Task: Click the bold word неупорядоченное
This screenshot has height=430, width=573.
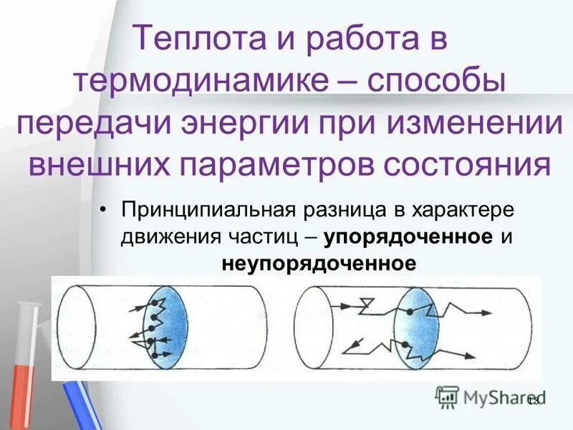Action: click(x=318, y=263)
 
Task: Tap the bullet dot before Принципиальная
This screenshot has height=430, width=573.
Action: click(x=105, y=211)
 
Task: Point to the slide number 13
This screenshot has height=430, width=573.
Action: click(x=534, y=400)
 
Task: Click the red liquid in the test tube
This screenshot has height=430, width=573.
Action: click(x=21, y=373)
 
